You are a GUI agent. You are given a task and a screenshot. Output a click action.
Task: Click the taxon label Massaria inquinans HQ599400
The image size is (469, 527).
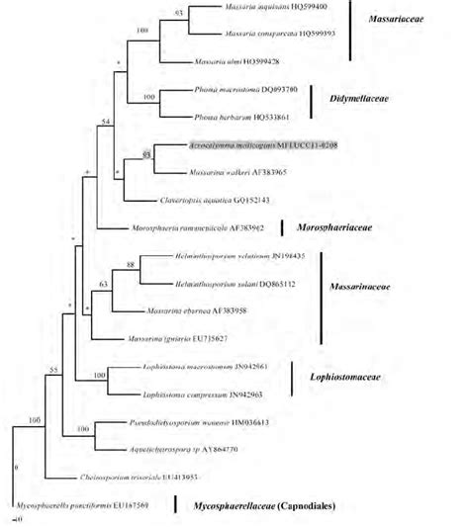266,8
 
